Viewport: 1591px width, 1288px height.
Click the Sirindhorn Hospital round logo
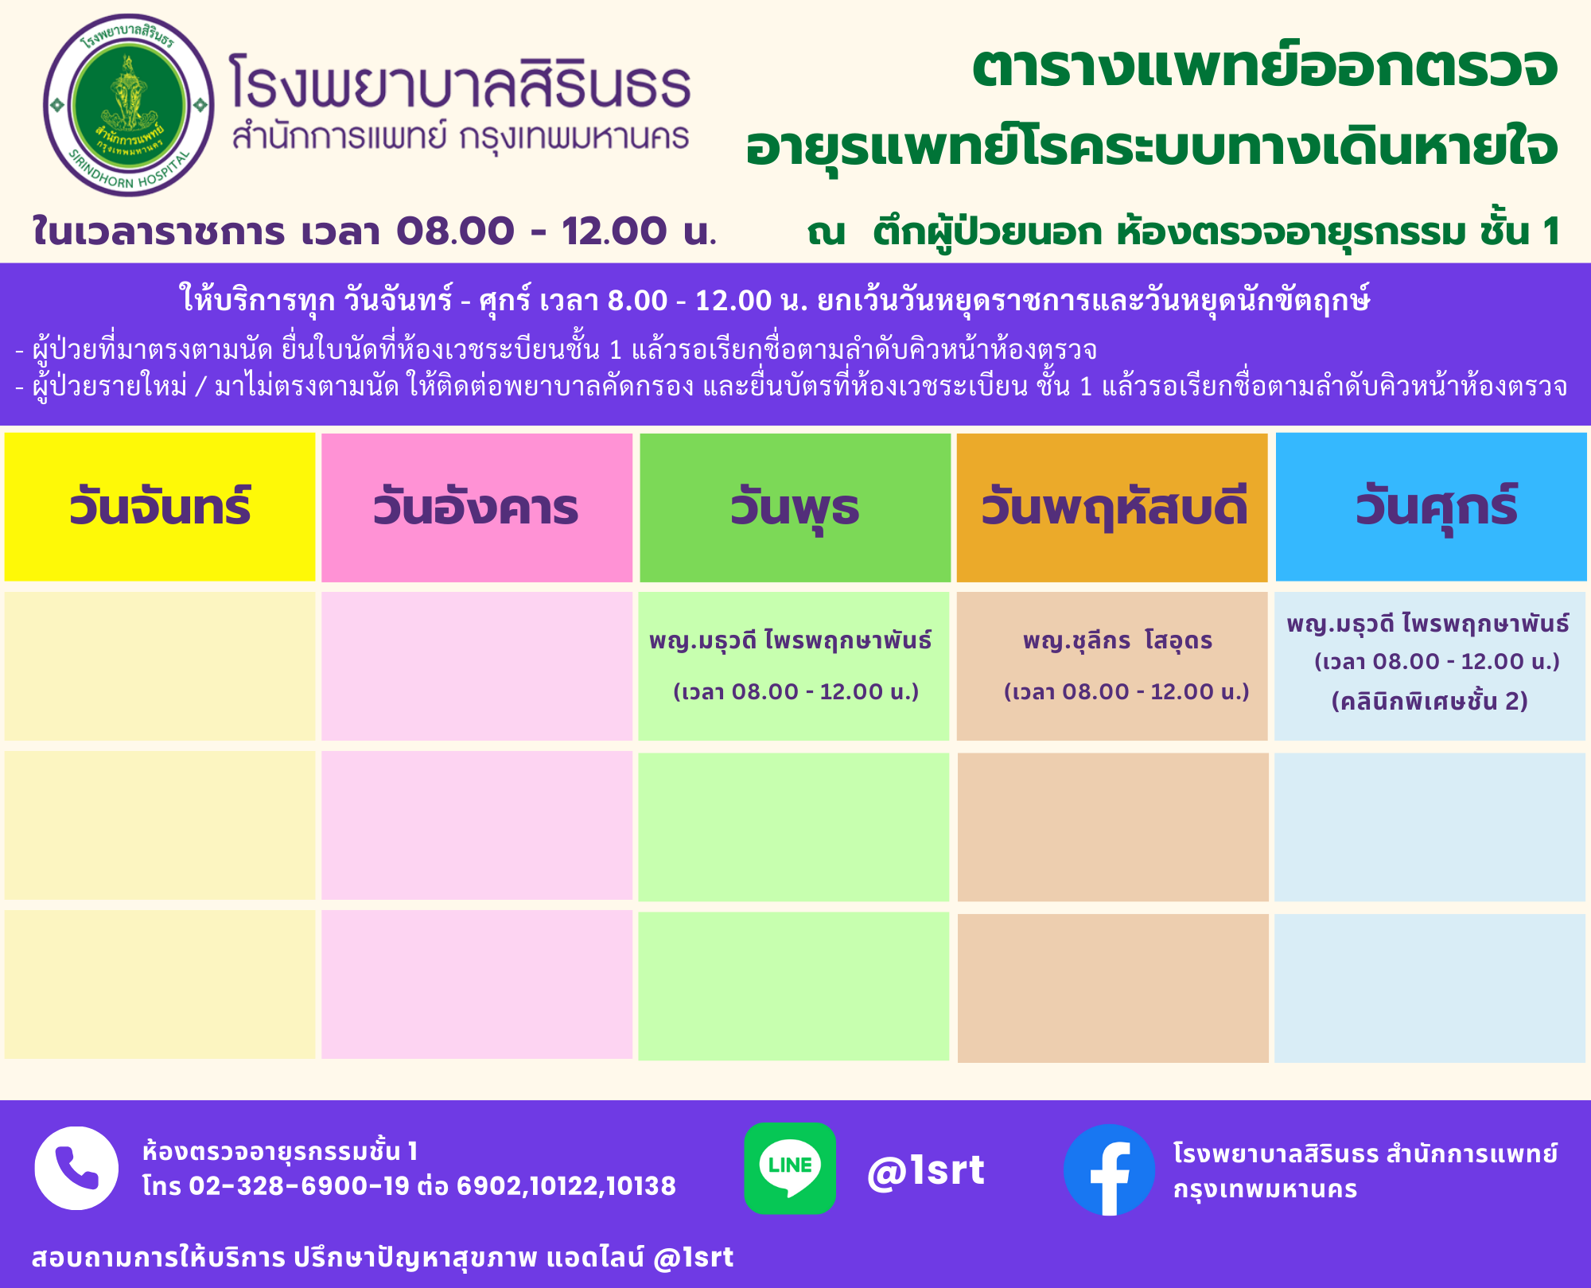tap(128, 105)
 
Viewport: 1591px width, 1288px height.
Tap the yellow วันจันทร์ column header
tap(160, 507)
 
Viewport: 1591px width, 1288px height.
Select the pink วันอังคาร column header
tap(477, 507)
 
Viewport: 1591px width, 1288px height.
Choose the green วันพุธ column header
tap(795, 507)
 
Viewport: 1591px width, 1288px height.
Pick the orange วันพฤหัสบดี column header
tap(1112, 507)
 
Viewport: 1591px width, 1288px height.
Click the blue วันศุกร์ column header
tap(1431, 507)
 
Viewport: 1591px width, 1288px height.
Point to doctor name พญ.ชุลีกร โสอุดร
tap(1118, 640)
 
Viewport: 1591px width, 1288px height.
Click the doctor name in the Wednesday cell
tap(791, 640)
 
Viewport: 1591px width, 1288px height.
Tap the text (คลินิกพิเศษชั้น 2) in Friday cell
tap(1430, 701)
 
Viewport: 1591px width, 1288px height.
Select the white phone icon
tap(76, 1168)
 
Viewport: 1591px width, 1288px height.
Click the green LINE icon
tap(790, 1168)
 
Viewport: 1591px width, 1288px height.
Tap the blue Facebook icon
tap(1109, 1169)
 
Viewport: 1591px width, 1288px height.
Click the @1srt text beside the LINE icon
tap(926, 1170)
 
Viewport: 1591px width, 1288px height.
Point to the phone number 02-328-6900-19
tap(299, 1186)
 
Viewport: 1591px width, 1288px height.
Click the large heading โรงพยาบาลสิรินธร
tap(460, 82)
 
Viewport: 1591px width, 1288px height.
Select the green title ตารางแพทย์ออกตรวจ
tap(1265, 67)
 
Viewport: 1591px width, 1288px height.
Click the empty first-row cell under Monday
tap(160, 666)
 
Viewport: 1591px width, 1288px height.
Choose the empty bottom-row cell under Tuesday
tap(477, 985)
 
